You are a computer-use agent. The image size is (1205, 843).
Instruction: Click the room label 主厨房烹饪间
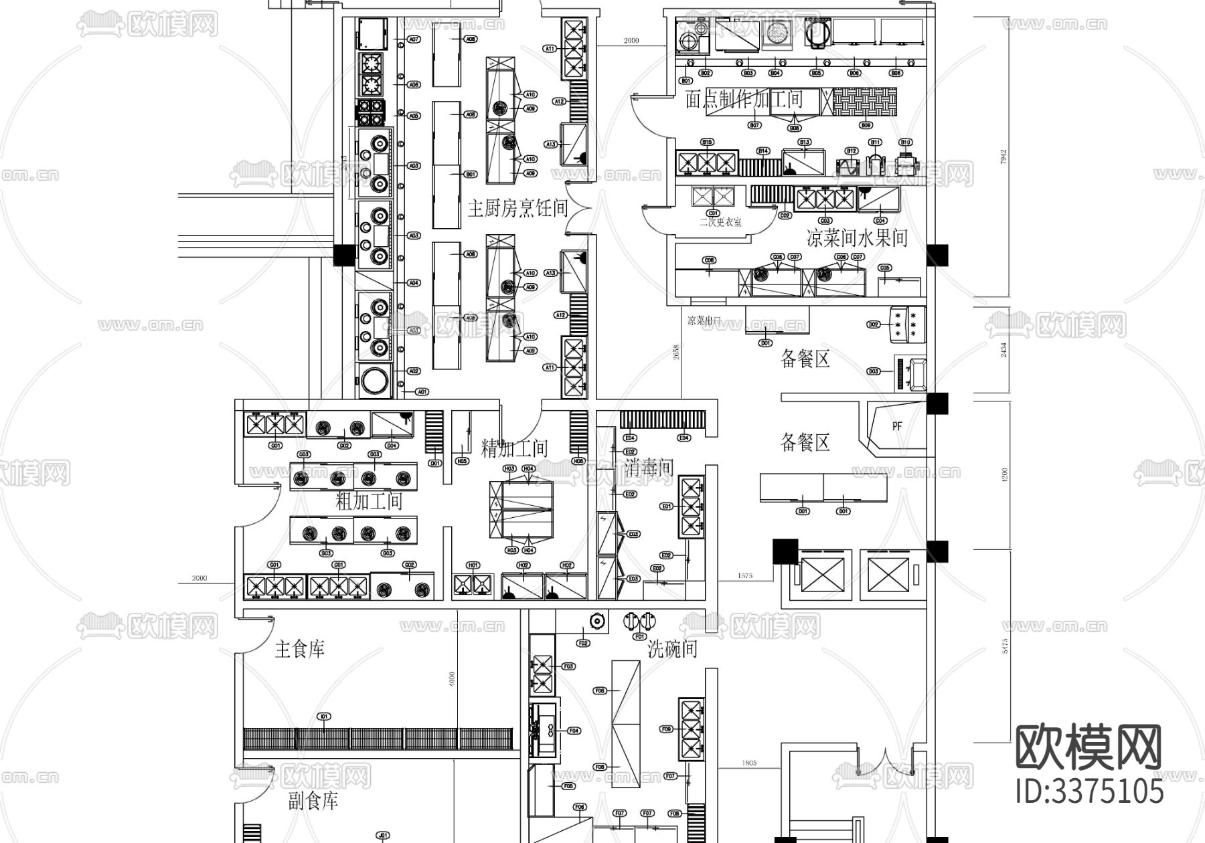(x=517, y=209)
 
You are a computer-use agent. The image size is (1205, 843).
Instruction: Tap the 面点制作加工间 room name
(x=743, y=100)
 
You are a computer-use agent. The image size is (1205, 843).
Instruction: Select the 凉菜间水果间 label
(x=857, y=238)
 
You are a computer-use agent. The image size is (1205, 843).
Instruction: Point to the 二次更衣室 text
(x=720, y=222)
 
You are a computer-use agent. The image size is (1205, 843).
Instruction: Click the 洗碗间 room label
(x=672, y=648)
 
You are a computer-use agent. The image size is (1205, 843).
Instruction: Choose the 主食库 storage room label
(x=299, y=648)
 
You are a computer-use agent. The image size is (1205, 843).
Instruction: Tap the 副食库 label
(x=313, y=801)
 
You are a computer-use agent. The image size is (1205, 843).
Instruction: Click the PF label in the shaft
(x=897, y=426)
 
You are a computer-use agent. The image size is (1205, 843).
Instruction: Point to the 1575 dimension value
(x=744, y=575)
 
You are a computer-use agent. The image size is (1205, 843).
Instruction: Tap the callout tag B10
(x=905, y=143)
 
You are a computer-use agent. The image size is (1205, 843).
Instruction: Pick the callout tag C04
(x=880, y=220)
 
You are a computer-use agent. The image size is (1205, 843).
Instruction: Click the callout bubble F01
(x=639, y=637)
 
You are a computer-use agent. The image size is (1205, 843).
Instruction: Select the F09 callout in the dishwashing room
(x=666, y=729)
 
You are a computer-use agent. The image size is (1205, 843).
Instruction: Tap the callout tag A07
(x=414, y=39)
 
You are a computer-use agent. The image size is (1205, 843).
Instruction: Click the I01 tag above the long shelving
(x=323, y=717)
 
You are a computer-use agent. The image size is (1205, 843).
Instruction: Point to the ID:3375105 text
(x=1089, y=791)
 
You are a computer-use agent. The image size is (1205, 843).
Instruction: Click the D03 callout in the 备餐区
(x=873, y=371)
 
